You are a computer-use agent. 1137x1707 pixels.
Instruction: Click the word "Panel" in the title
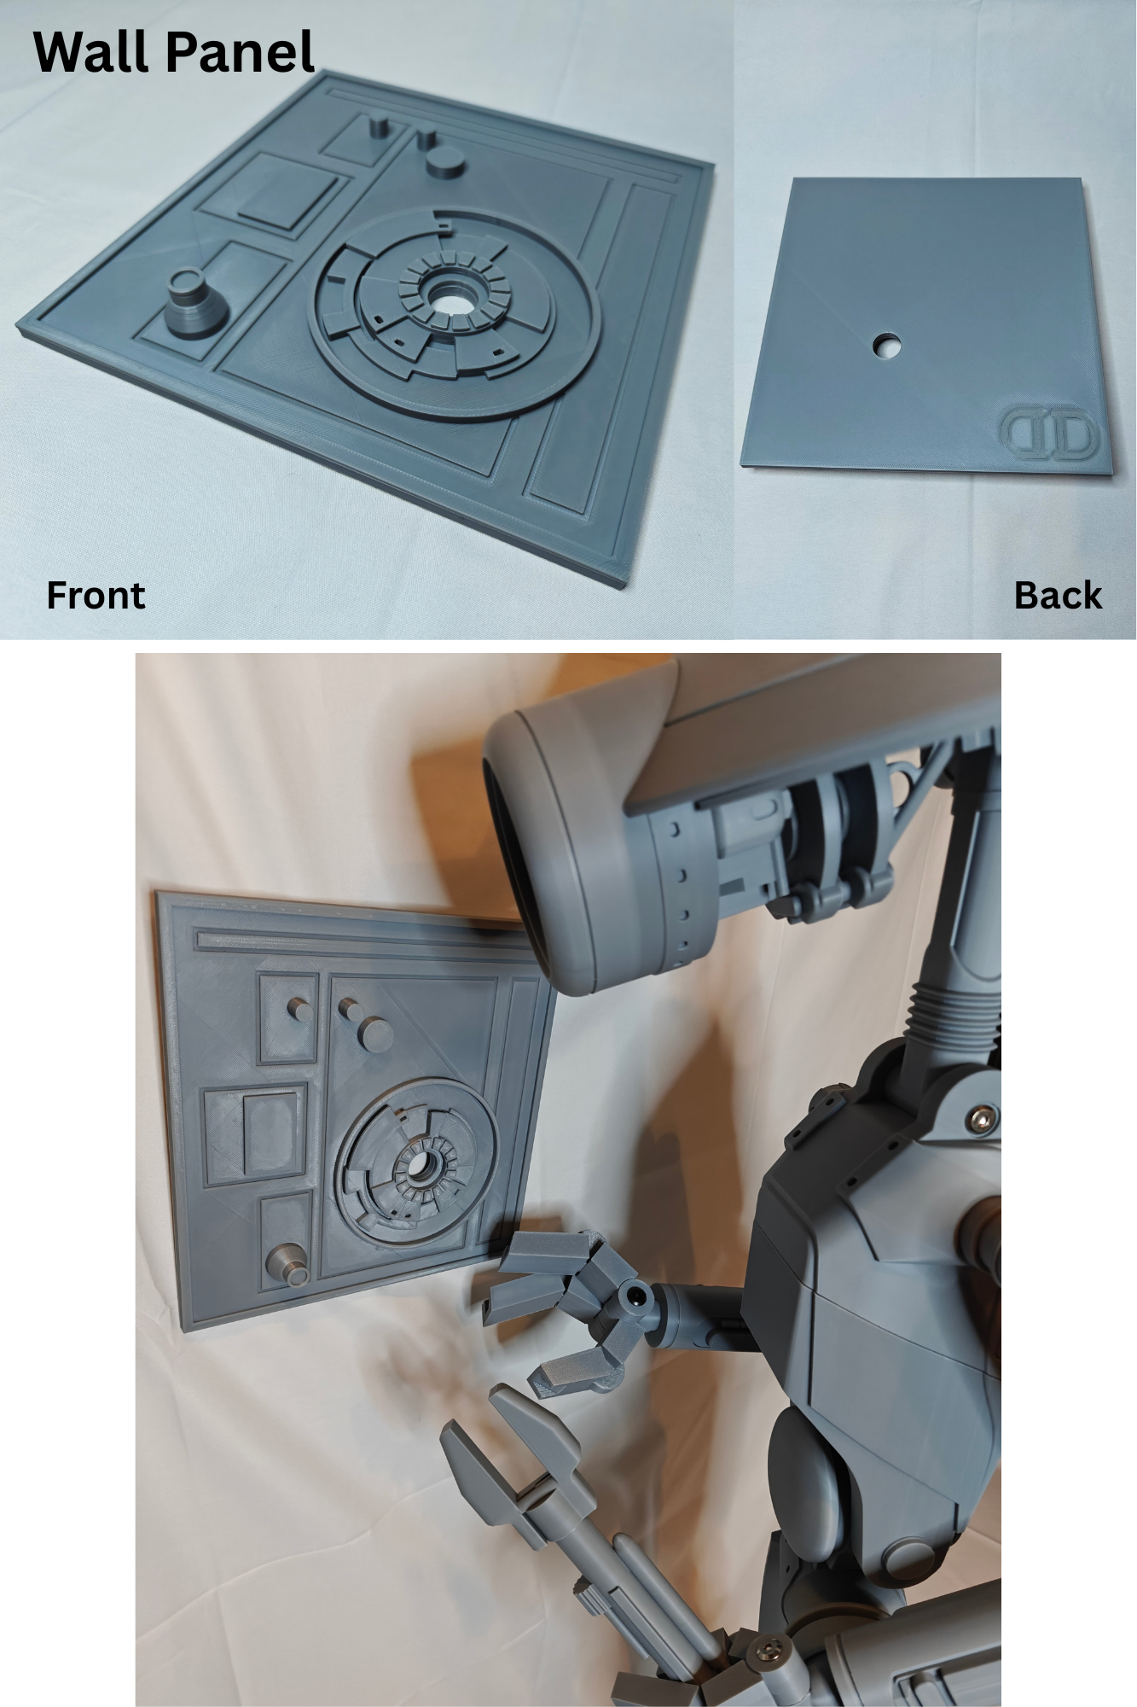point(241,53)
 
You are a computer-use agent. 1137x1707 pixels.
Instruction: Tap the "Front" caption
point(96,595)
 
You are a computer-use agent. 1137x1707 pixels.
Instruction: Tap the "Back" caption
point(1058,595)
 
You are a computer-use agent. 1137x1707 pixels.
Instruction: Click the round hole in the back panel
point(886,346)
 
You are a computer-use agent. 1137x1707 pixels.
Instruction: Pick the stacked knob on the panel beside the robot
point(288,1264)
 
